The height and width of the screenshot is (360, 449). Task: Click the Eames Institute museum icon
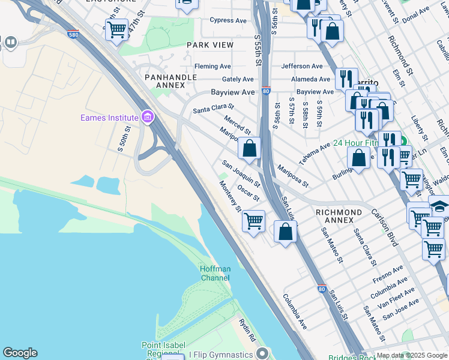[148, 118]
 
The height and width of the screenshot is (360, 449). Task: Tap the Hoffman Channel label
[215, 274]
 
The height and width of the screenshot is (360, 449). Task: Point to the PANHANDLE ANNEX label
[170, 82]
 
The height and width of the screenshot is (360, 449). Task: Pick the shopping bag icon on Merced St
[249, 147]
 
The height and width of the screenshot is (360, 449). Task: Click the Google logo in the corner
[20, 353]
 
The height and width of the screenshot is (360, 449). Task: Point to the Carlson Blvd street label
[384, 227]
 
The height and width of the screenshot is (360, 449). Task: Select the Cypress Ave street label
[228, 20]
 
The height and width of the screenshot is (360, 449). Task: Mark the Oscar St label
[248, 193]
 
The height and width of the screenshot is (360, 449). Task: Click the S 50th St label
[124, 139]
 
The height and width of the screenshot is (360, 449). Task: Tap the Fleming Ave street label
[212, 66]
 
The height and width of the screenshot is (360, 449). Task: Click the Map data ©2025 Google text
[412, 355]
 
